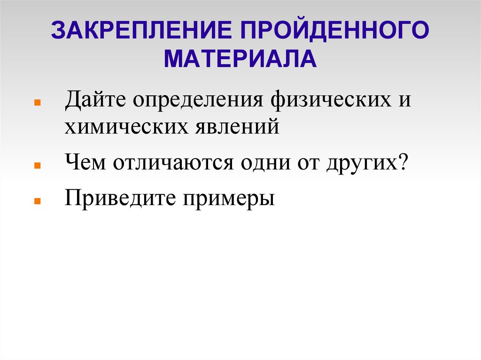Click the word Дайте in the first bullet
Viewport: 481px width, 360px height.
coord(95,100)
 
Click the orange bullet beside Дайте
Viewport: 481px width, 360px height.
coord(38,102)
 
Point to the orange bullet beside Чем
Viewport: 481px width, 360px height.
coord(38,166)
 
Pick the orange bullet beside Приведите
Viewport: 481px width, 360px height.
coord(38,199)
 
